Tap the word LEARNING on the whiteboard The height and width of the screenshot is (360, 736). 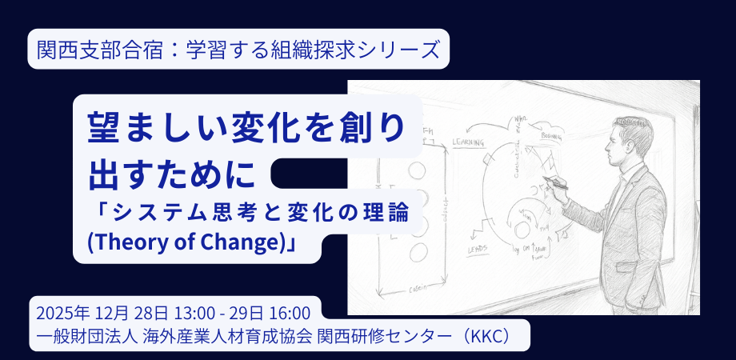468,142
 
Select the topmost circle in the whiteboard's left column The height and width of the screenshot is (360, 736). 418,169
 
